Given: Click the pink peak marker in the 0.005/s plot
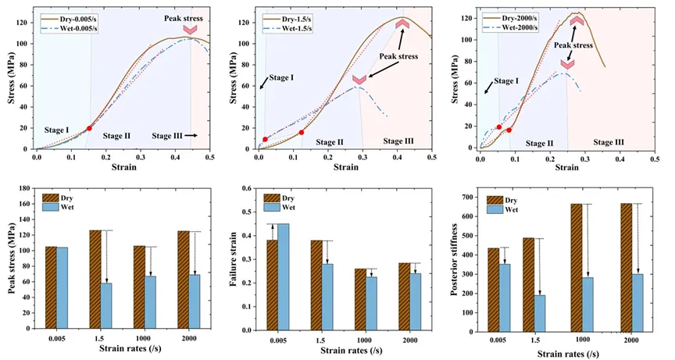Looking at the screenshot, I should [190, 30].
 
